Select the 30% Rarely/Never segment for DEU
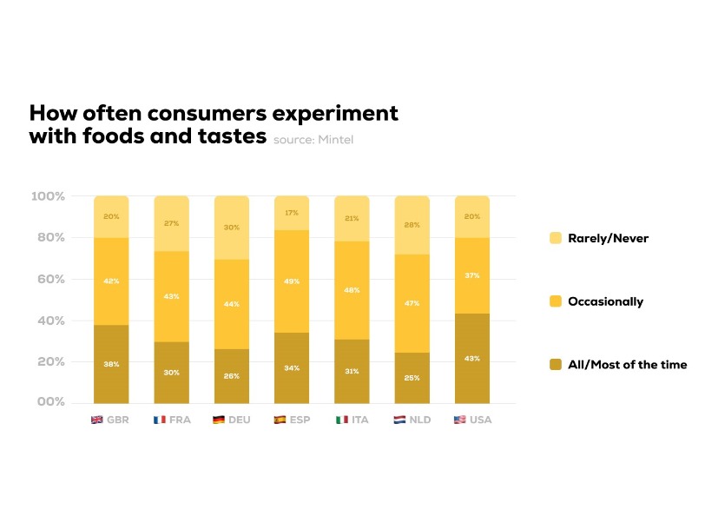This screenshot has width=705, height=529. tap(232, 228)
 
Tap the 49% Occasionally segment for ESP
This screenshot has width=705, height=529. tap(292, 281)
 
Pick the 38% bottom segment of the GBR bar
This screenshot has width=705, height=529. tap(111, 363)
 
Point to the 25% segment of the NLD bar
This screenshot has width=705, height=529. tap(412, 377)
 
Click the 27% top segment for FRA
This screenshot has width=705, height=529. tap(172, 223)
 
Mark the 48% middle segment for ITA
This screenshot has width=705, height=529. tap(352, 290)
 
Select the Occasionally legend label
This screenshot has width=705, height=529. tap(605, 301)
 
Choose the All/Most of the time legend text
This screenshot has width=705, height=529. tap(627, 365)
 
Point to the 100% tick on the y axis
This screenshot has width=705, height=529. tap(48, 196)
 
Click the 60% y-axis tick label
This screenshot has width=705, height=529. tap(51, 279)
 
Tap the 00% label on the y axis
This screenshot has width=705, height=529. tap(51, 402)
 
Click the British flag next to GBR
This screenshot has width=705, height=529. tap(97, 420)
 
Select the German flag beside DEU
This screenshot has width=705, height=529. tap(219, 420)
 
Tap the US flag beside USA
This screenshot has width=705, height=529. tap(459, 420)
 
